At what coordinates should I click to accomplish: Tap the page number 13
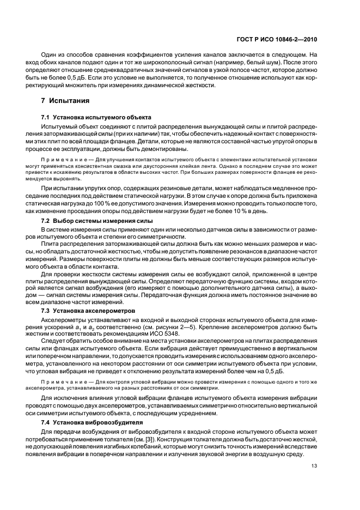point(314,481)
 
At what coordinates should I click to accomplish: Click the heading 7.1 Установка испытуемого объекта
point(97,118)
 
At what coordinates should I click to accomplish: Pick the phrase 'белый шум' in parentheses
point(265,62)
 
